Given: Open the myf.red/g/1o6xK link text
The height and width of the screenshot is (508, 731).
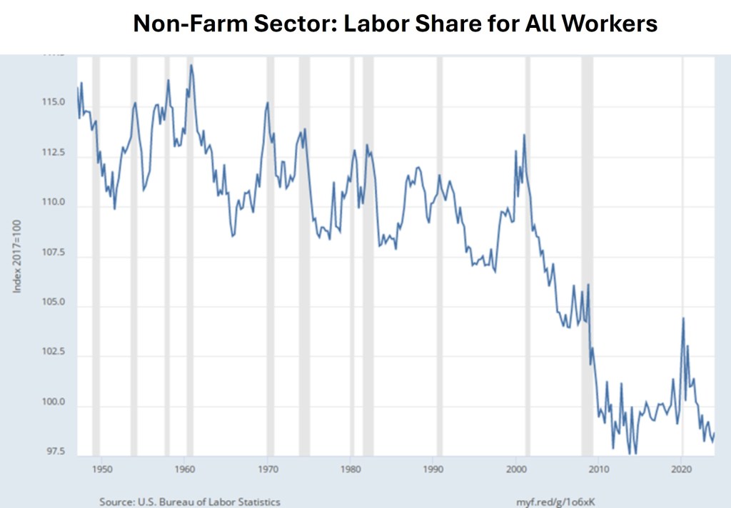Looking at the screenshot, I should pos(555,502).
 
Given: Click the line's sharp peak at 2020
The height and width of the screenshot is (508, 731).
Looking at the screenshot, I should pos(683,318).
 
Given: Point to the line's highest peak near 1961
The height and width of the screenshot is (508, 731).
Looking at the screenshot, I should pos(191,66).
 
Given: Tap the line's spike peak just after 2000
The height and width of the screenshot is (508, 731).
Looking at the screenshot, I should pos(524,135).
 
